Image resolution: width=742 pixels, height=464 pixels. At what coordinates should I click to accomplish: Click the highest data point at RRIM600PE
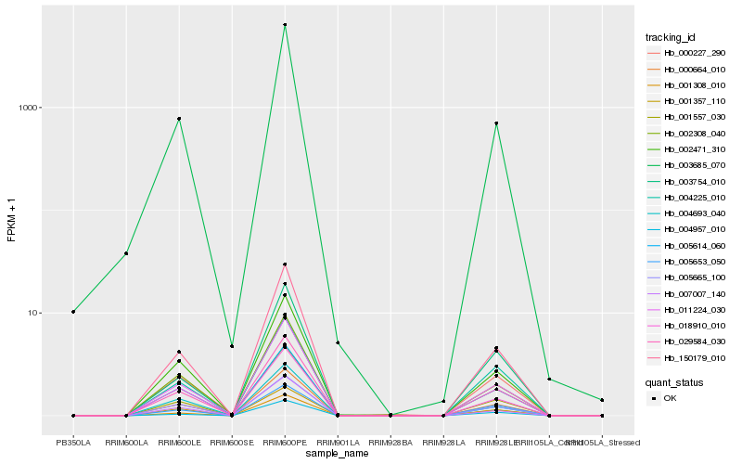(x=285, y=25)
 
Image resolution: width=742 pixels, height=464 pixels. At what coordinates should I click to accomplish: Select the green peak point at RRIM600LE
(x=179, y=119)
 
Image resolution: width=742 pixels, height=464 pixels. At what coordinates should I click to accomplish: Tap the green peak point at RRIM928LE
(x=496, y=123)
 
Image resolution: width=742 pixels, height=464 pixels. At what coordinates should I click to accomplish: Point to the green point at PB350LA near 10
(x=73, y=312)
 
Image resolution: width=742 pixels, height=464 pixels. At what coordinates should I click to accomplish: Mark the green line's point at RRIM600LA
(x=126, y=253)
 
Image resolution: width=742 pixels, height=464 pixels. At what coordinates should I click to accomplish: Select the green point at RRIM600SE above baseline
(x=232, y=346)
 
